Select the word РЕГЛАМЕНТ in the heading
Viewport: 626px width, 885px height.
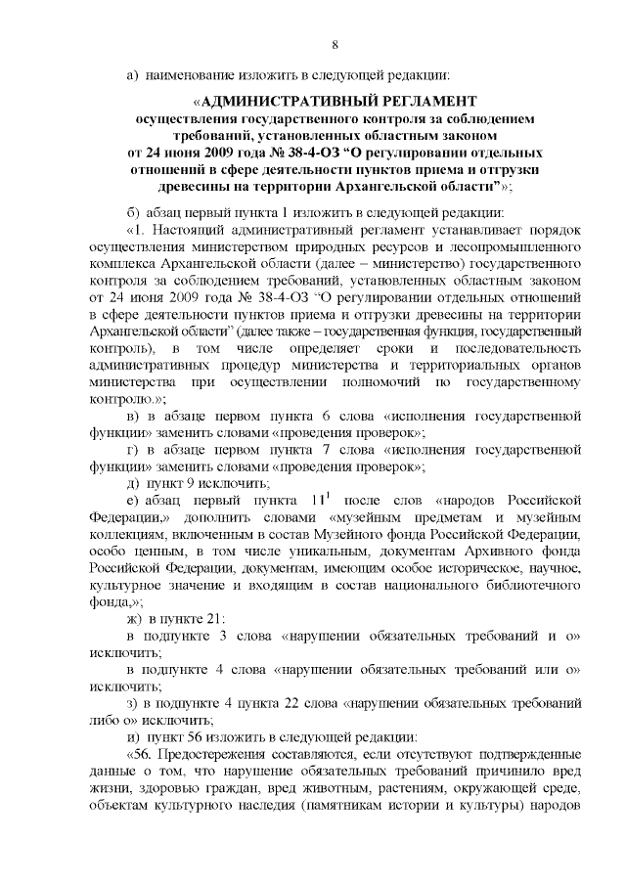(426, 101)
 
